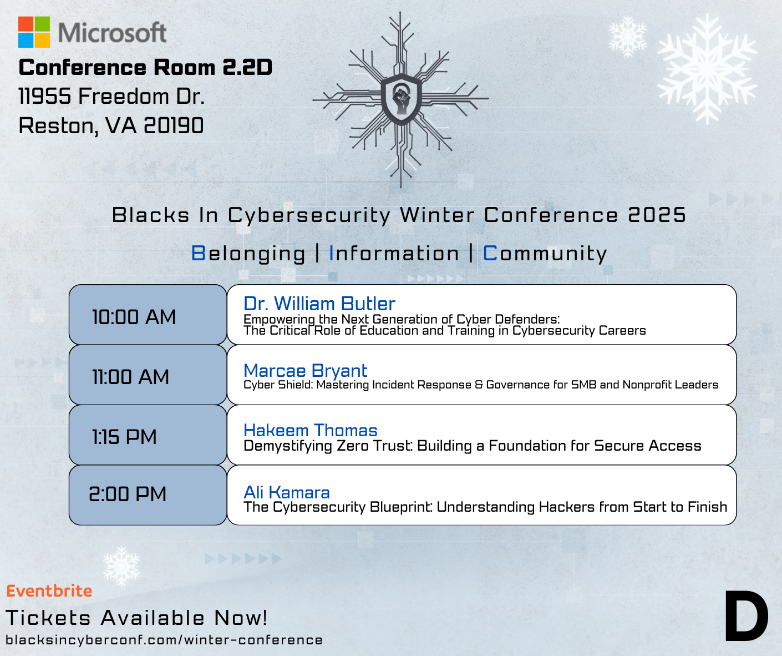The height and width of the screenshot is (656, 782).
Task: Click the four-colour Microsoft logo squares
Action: [34, 32]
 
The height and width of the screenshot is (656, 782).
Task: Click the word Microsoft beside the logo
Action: [112, 33]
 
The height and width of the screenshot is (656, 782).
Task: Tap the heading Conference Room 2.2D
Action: [145, 68]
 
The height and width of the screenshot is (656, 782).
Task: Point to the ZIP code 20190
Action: [174, 125]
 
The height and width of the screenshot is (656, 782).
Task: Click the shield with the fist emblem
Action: [401, 99]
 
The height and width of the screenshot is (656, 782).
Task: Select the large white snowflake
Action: [707, 69]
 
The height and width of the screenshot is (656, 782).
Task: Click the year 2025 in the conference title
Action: [657, 215]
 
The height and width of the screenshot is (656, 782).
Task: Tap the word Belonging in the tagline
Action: [248, 254]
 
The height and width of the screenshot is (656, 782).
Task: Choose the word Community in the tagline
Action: [545, 254]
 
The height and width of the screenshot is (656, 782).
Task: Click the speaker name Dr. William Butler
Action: [319, 303]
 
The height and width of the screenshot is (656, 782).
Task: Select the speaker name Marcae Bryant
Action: [305, 371]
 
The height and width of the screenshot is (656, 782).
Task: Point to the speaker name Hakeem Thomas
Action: [311, 430]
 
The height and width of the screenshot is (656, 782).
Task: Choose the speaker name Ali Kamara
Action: [287, 493]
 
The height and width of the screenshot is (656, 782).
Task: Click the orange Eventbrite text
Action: [49, 591]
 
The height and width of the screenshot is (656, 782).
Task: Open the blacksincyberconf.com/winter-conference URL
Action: [164, 640]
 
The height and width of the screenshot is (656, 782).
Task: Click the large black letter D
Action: [747, 617]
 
